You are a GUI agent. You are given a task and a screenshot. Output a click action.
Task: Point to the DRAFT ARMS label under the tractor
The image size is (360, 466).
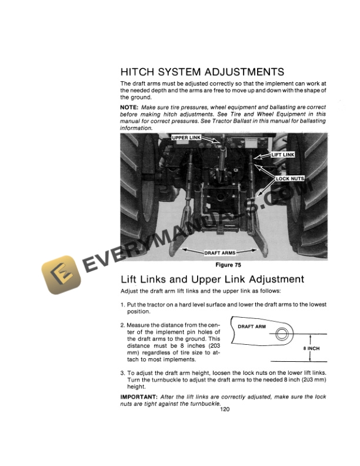(x=220, y=253)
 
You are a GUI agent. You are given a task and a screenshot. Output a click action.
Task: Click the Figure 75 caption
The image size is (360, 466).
(x=223, y=265)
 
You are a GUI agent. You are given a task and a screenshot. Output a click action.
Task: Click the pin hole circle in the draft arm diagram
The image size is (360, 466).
(x=282, y=334)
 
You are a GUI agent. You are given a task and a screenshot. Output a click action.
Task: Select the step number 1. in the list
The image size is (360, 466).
(x=122, y=304)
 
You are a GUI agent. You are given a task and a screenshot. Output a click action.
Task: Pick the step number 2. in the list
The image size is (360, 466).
(x=122, y=325)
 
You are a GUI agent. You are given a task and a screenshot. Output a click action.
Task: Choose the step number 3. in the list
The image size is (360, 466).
(x=122, y=372)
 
